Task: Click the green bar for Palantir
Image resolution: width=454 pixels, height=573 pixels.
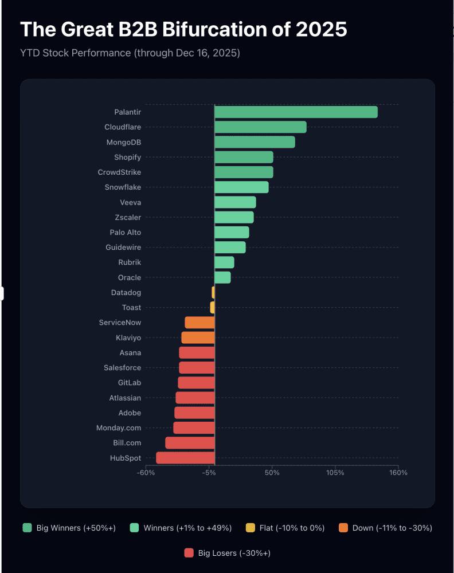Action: pos(296,112)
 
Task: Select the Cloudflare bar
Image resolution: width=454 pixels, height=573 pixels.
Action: pos(260,127)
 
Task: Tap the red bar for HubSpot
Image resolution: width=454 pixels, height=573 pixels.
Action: pos(185,458)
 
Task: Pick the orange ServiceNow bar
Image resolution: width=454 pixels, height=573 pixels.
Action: pos(199,323)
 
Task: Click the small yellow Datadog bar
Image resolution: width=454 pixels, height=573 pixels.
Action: pos(213,293)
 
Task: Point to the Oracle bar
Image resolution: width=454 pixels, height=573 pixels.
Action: pos(222,277)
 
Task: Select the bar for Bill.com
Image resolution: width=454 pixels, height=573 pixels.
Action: pos(190,443)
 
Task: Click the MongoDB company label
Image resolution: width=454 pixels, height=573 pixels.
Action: pos(123,142)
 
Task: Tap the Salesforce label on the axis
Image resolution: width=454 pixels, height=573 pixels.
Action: pos(122,368)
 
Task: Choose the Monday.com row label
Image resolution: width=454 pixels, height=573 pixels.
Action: pos(118,428)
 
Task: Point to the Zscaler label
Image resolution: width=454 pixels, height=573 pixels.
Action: pos(128,217)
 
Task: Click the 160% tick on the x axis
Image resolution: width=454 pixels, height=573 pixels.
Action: pos(398,473)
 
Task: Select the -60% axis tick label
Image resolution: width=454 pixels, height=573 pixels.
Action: pos(146,473)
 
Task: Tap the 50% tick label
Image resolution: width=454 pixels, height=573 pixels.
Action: pos(272,473)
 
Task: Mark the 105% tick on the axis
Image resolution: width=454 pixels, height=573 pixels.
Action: pos(335,473)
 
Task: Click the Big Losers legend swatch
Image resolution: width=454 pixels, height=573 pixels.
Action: pos(189,553)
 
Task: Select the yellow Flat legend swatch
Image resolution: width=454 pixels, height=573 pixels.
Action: pos(250,528)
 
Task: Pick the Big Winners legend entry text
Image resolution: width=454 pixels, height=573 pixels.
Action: pos(76,528)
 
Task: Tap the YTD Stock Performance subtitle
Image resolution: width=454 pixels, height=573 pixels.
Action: pos(130,53)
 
